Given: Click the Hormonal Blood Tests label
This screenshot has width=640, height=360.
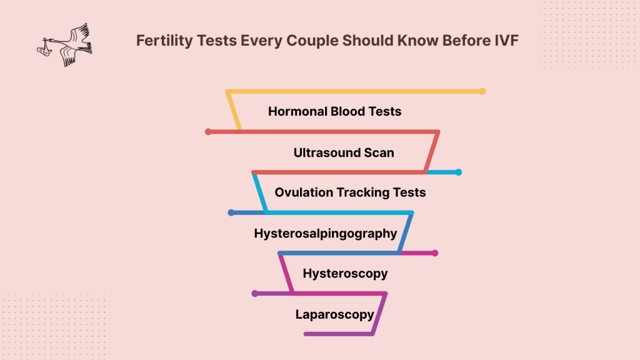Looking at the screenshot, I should pos(334,111).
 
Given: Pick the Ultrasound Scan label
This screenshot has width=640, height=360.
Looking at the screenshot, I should pos(344,152).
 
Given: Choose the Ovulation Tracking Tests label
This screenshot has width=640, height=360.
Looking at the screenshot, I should pos(350,192).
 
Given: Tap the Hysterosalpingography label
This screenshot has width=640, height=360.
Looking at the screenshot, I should pos(325,233).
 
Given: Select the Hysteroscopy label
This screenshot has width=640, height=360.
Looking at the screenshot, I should pos(345,273).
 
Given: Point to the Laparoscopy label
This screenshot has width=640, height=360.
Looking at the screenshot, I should pos(334,314).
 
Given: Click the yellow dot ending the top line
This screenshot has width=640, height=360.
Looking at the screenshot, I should pos(482,91).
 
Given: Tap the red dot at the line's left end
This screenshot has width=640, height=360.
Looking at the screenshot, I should pos(208,132).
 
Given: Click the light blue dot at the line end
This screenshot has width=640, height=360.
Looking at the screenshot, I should pos(458,172).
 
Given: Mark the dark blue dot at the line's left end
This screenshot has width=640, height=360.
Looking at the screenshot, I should pos(231,212).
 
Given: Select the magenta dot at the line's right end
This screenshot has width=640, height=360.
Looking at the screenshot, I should pos(435,253).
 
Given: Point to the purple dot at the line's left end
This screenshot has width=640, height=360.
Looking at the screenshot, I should pos(254,293).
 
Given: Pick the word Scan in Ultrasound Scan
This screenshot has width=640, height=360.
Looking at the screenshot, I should pos(379,152).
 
